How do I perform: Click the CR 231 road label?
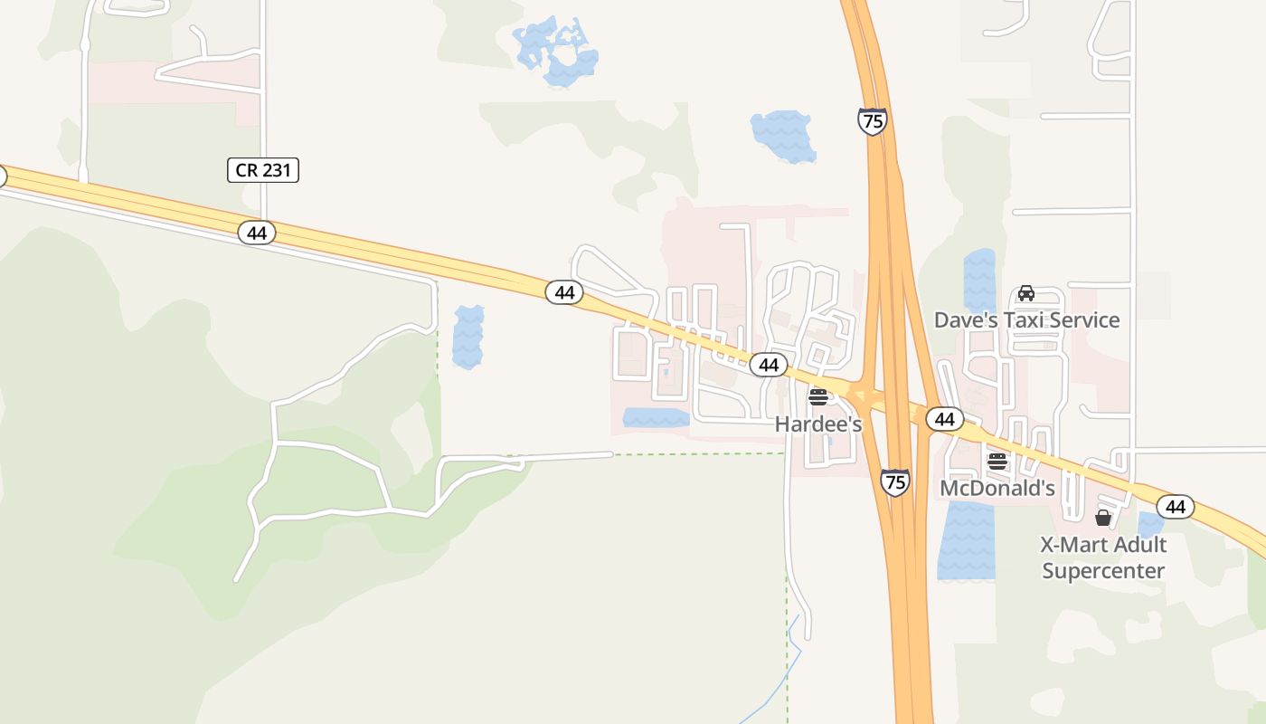click(x=262, y=169)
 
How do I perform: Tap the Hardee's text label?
click(x=818, y=424)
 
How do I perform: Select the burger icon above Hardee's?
click(x=818, y=397)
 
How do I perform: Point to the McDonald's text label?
click(x=997, y=488)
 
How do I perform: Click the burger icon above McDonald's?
click(x=997, y=462)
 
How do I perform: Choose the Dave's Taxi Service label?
click(x=1026, y=319)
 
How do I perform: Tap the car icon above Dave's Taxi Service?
click(x=1026, y=293)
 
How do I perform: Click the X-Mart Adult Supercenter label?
click(x=1102, y=557)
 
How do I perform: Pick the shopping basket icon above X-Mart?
click(x=1102, y=518)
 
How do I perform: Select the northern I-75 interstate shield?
click(x=873, y=121)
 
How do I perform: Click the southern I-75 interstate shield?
click(x=894, y=481)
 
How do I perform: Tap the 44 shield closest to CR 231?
click(x=257, y=233)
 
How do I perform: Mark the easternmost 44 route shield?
click(x=1175, y=507)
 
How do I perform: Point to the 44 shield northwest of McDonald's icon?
click(x=945, y=419)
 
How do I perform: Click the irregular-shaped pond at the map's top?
click(x=556, y=52)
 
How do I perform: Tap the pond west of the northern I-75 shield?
click(x=782, y=137)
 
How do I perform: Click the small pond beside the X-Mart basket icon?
click(x=1149, y=526)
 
